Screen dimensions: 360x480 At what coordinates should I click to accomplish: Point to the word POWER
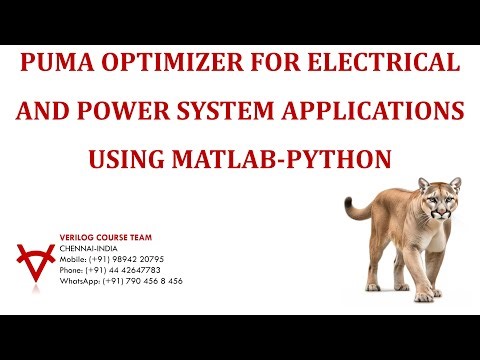tap(117, 111)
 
